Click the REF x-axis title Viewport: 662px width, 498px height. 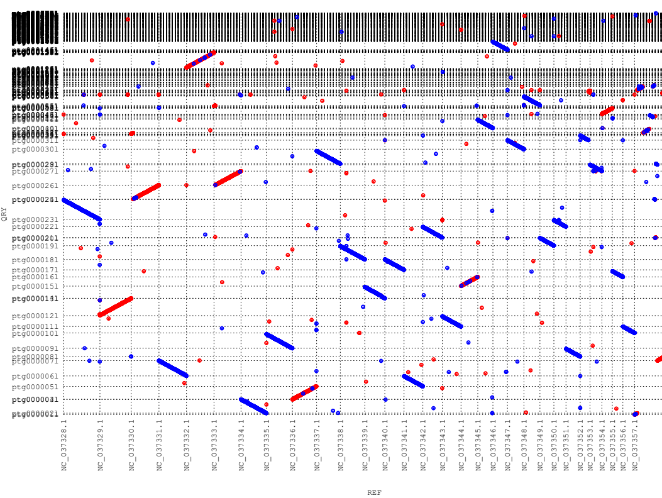pos(374,493)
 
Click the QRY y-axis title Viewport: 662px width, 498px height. pos(4,214)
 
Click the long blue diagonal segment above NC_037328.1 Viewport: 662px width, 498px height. pos(81,209)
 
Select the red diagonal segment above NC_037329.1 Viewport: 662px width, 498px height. pos(116,306)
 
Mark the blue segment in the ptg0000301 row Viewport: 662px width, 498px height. pos(328,157)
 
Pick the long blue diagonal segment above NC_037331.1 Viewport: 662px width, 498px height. pos(172,368)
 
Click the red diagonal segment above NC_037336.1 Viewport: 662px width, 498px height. pos(305,392)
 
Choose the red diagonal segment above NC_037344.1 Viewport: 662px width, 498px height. pos(470,281)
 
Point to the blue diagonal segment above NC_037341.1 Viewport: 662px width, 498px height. pos(413,381)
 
